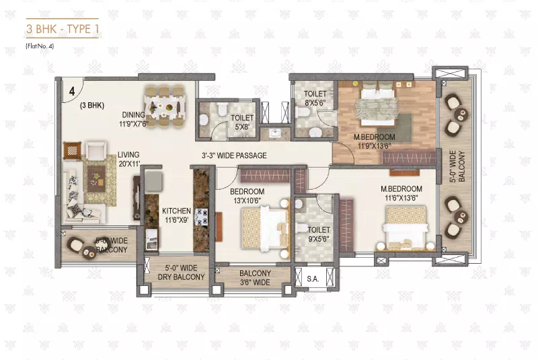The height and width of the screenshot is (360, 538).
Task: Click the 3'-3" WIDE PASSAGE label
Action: pos(234,155)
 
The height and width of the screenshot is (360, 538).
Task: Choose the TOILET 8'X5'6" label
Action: pos(315,98)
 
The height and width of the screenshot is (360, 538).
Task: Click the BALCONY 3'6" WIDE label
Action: pos(254,277)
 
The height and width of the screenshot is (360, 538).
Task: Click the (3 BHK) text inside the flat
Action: pos(91,106)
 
